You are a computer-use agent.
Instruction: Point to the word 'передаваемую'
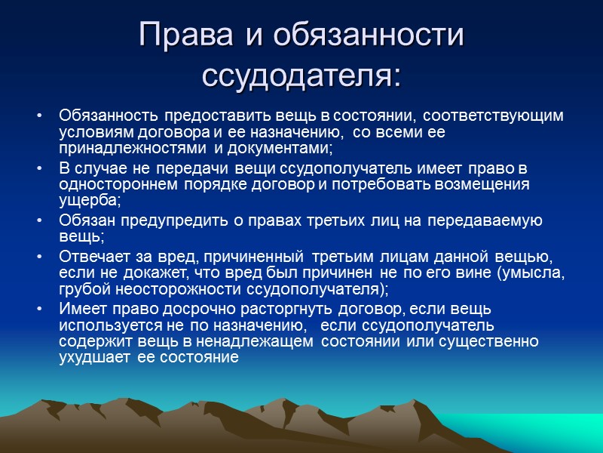[x=493, y=220]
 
